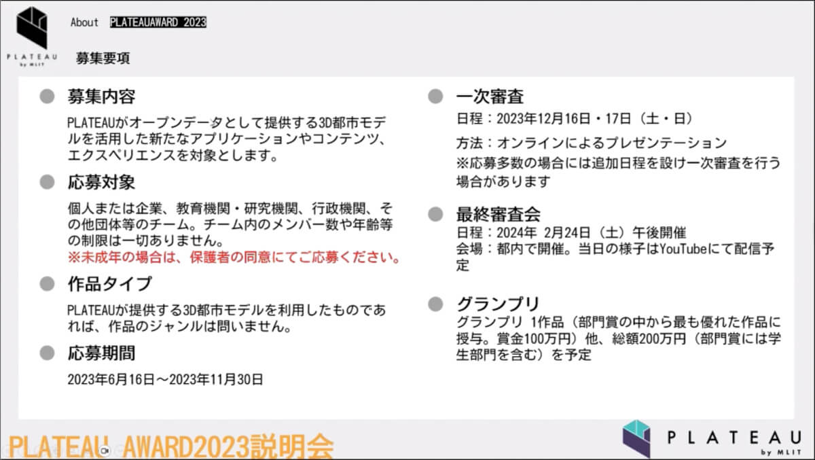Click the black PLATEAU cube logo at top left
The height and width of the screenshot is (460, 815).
(x=32, y=28)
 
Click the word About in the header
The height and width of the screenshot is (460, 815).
(x=84, y=22)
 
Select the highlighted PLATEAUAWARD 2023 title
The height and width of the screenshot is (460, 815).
(x=158, y=22)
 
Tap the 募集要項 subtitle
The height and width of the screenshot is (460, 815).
(x=103, y=58)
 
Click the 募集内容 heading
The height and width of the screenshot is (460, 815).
(x=101, y=96)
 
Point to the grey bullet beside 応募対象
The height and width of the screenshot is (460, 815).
(x=47, y=182)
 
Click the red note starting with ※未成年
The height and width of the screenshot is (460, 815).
(x=234, y=258)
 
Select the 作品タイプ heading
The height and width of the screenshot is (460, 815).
(x=109, y=284)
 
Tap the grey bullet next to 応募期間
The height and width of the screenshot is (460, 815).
(x=47, y=353)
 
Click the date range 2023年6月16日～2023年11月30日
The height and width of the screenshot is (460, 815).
(x=165, y=380)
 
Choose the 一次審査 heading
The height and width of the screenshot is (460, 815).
(x=490, y=96)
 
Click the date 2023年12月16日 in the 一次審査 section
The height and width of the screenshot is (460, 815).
(x=543, y=119)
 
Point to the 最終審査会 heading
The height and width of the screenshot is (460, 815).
(x=499, y=214)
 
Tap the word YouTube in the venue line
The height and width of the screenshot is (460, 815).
(x=683, y=249)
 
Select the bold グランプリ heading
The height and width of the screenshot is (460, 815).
(x=498, y=304)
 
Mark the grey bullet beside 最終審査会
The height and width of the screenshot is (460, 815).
(x=435, y=214)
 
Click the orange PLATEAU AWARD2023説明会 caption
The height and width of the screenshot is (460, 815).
(x=170, y=446)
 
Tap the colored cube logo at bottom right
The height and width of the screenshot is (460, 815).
(x=636, y=438)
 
